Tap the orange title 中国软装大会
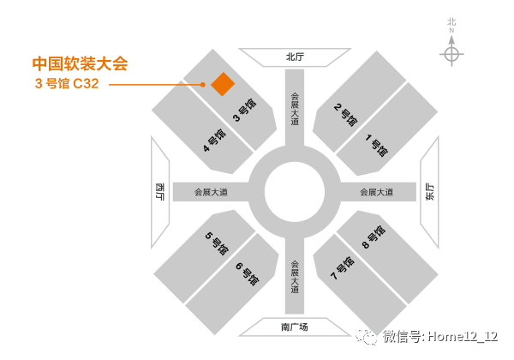click(79, 63)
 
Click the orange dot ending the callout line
click(203, 85)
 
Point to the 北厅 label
click(295, 57)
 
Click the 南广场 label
click(294, 327)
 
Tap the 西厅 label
click(159, 191)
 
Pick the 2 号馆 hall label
click(345, 115)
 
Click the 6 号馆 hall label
click(246, 273)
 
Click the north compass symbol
click(451, 54)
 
